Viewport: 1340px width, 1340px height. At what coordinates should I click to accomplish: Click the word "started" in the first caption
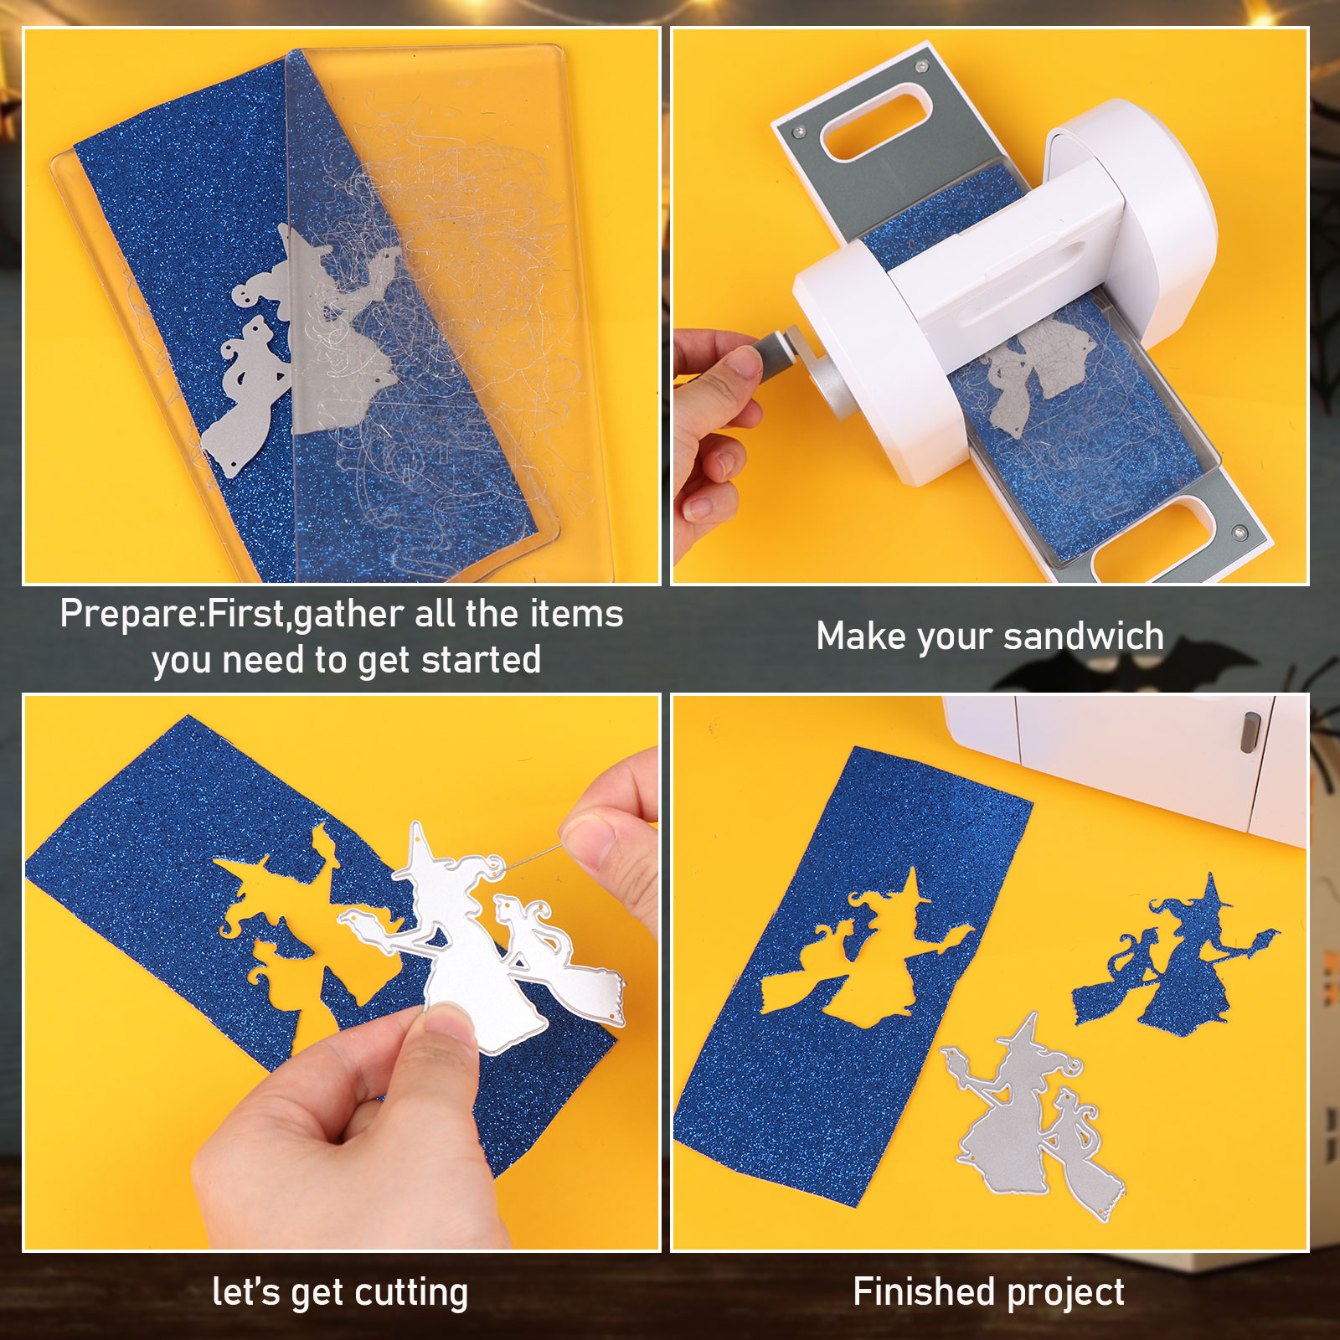tap(481, 659)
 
